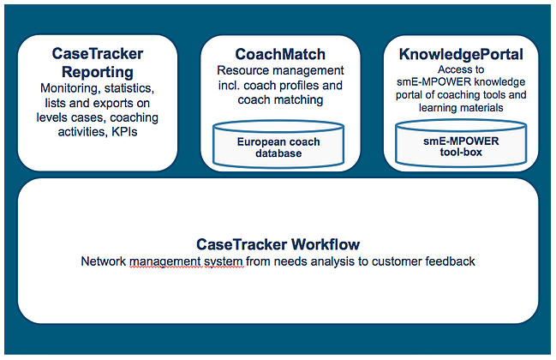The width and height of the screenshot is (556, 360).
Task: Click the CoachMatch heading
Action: tap(280, 54)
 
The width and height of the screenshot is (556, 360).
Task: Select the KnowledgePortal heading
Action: tap(461, 54)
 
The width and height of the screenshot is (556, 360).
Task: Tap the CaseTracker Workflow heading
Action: tap(278, 244)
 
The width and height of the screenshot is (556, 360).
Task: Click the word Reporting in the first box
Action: tap(98, 72)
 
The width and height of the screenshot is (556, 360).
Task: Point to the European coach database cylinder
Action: tap(278, 144)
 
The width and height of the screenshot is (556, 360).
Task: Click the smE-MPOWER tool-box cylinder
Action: tap(461, 143)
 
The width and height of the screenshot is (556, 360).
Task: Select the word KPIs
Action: tap(124, 132)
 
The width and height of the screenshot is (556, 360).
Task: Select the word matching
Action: tap(302, 100)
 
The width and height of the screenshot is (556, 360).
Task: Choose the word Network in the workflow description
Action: tap(104, 261)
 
